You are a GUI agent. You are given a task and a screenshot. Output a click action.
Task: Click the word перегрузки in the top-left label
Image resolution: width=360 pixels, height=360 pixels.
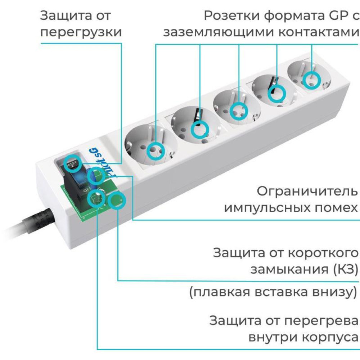click(x=81, y=32)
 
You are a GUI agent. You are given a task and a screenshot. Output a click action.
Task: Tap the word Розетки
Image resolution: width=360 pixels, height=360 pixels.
click(x=229, y=16)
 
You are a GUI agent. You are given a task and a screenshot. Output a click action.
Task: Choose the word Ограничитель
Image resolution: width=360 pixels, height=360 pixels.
click(x=307, y=191)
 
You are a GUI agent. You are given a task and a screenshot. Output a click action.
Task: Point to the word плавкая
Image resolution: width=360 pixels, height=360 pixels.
click(x=219, y=292)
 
